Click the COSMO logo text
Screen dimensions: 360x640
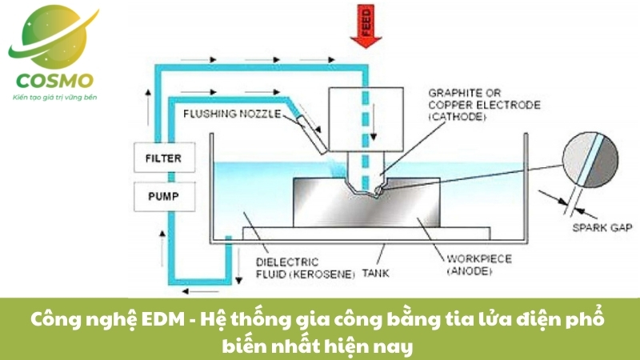54,81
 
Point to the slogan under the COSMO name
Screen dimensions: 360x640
54,97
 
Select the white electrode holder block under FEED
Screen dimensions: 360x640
365,120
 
